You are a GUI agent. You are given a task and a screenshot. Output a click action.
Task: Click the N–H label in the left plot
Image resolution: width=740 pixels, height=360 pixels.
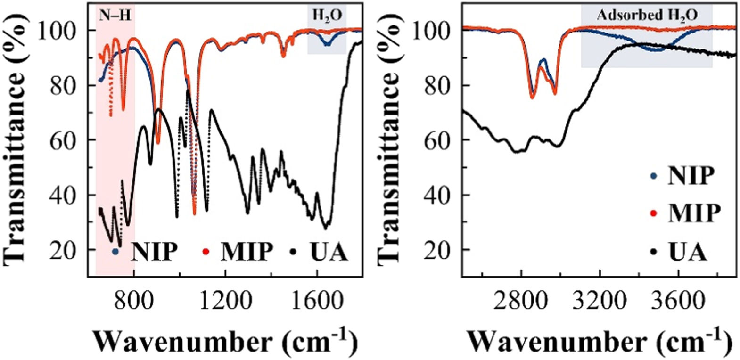(115, 16)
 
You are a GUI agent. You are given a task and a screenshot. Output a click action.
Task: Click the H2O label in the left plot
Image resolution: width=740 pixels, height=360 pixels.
(327, 16)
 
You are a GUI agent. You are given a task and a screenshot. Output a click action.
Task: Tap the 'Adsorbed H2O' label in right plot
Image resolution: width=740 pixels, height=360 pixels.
(647, 15)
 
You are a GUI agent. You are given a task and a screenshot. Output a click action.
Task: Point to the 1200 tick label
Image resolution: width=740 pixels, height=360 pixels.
(225, 300)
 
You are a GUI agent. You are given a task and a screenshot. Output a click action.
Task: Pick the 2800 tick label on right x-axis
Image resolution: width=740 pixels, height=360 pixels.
(520, 300)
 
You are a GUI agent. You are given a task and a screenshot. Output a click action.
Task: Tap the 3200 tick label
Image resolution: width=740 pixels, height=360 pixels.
(600, 300)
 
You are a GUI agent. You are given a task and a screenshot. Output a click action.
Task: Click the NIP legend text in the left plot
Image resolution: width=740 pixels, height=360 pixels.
(154, 252)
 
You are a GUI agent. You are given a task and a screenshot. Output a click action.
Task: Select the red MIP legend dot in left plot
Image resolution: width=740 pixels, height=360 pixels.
(206, 252)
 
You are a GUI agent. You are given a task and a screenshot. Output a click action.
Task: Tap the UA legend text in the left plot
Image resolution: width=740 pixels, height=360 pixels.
(329, 252)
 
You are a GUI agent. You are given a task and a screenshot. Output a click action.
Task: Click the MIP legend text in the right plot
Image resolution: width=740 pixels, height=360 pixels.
(694, 213)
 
